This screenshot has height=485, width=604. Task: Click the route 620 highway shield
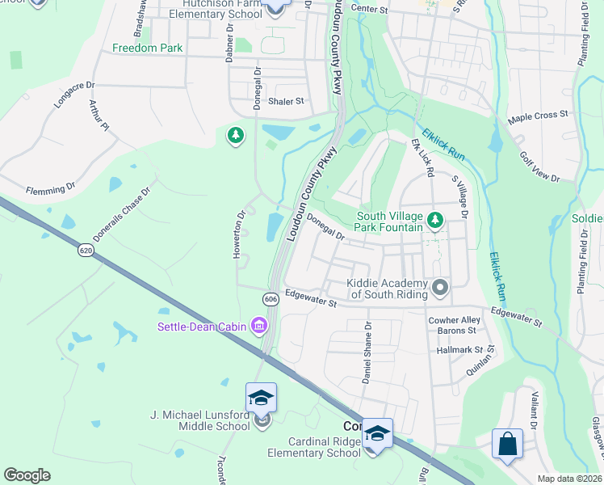[x=86, y=251]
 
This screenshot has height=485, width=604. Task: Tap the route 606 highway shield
[x=271, y=299]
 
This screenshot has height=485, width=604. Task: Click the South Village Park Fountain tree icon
[x=435, y=220]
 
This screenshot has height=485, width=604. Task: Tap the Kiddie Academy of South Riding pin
[x=440, y=287]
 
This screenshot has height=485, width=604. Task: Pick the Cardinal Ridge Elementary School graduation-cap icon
[x=375, y=433]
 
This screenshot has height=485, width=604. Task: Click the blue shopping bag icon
[x=507, y=444]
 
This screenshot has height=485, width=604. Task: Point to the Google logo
[x=27, y=475]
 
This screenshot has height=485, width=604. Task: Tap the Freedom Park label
[x=148, y=48]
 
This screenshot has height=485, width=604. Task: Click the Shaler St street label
[x=286, y=101]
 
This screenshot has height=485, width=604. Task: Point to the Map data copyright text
[x=569, y=479]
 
